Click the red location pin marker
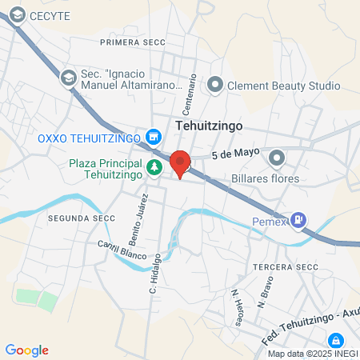tap(181, 163)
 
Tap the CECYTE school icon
tap(14, 15)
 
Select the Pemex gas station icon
tap(298, 218)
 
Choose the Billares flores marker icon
tap(277, 158)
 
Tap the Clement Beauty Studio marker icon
tap(215, 86)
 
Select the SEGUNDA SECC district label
tap(77, 218)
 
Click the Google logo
tap(26, 350)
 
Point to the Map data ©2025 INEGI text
tap(312, 354)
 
